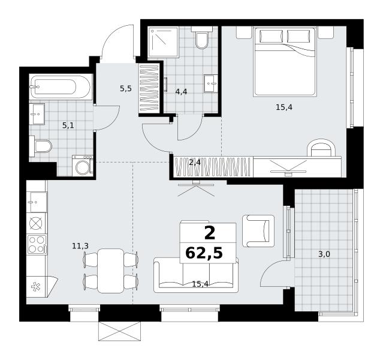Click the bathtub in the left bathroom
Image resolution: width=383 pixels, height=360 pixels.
point(61,87)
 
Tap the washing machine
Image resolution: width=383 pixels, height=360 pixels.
point(83,166)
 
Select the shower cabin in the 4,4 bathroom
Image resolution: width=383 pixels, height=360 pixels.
point(163,42)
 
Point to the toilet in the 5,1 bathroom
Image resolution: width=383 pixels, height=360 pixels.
point(40,146)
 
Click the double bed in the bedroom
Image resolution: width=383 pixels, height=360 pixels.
point(285,61)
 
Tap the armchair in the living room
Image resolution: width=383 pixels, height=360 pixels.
point(258,231)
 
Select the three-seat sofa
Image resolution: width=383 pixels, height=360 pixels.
point(196,275)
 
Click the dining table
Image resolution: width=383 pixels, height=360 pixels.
point(111,271)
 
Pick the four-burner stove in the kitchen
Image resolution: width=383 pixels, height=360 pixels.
point(37,244)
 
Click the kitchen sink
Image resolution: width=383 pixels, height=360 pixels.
point(37,202)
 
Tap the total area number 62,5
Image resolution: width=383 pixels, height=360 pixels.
point(204,253)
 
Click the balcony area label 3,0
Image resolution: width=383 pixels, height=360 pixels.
point(324,254)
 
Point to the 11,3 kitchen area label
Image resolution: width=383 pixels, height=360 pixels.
point(80,246)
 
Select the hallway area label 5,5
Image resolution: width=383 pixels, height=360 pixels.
point(126,89)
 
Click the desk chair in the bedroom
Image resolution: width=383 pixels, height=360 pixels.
point(321,148)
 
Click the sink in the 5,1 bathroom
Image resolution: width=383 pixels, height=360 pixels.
point(37,114)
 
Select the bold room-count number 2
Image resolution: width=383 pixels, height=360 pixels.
point(210,233)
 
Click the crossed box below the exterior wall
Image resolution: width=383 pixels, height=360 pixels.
point(119,331)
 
